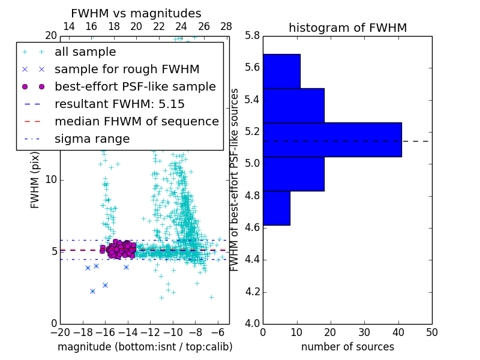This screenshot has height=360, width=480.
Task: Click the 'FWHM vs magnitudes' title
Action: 136,14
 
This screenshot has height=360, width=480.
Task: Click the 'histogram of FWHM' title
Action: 347,28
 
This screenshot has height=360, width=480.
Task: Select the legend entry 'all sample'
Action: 85,52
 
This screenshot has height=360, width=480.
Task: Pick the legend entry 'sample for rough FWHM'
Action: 127,70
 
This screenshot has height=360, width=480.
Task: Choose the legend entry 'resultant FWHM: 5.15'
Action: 119,104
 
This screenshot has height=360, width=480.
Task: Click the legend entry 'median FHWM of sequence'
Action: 136,122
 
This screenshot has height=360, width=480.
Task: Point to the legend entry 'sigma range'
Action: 92,139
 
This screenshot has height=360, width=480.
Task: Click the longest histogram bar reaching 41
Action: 332,140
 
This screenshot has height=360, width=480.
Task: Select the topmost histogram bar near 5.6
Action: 281,71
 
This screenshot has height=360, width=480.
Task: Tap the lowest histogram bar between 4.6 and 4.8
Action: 276,208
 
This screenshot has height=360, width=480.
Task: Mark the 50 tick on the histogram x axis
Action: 431,332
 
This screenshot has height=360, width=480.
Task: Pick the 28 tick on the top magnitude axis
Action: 226,26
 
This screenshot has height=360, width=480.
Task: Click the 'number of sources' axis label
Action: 347,347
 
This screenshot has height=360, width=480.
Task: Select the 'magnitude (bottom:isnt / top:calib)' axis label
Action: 145,347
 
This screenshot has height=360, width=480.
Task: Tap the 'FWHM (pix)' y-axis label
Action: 35,180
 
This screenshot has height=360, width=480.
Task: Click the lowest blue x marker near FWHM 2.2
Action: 92,291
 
